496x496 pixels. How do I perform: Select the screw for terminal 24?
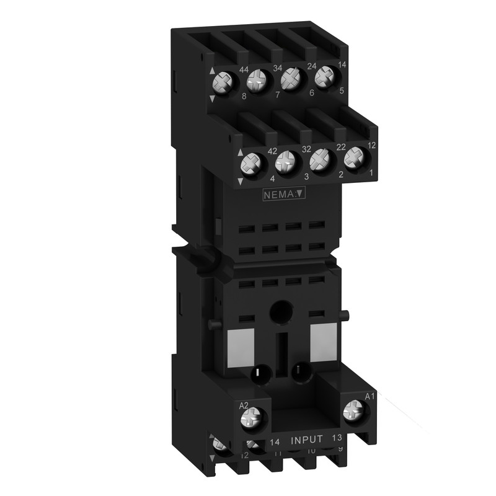pos(288,80)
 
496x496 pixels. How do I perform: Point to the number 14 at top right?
pos(342,65)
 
